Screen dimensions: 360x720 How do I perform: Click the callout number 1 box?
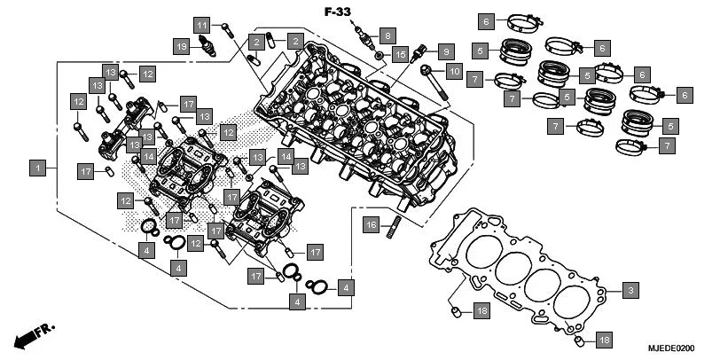(x=38, y=167)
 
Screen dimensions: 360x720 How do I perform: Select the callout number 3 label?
(x=629, y=290)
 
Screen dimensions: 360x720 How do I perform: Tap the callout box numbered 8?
(x=386, y=35)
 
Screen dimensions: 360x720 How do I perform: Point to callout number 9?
(x=445, y=51)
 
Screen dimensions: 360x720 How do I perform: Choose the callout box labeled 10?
(x=453, y=70)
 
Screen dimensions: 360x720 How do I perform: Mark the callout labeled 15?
(x=401, y=55)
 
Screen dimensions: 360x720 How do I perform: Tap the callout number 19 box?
(x=181, y=46)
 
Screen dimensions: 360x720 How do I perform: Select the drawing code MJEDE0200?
(x=673, y=348)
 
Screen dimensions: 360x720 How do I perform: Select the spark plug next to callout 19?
(x=208, y=46)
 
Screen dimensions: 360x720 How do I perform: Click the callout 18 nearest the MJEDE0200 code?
(x=604, y=340)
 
